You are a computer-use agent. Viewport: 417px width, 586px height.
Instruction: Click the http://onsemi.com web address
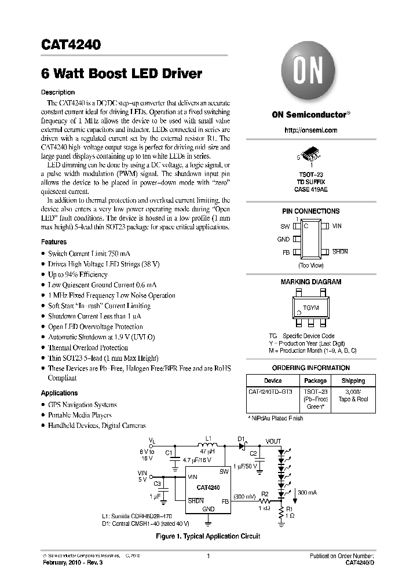pos(311,130)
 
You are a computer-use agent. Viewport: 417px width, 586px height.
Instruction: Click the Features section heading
pos(54,242)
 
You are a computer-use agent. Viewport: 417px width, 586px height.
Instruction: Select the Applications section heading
pos(59,393)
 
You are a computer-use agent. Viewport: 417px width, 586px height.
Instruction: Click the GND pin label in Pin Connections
pos(283,239)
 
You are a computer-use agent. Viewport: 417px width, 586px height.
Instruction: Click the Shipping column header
pos(353,380)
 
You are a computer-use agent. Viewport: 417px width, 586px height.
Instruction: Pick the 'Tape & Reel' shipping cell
pos(353,399)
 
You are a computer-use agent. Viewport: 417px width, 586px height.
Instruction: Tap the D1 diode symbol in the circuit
pos(244,445)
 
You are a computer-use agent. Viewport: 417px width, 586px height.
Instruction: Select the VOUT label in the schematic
pos(273,441)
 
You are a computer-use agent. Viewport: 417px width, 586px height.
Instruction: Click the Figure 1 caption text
pos(208,536)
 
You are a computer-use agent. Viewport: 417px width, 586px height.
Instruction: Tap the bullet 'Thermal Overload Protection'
pos(87,348)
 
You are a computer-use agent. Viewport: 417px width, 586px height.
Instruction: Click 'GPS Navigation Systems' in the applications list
pos(82,405)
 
